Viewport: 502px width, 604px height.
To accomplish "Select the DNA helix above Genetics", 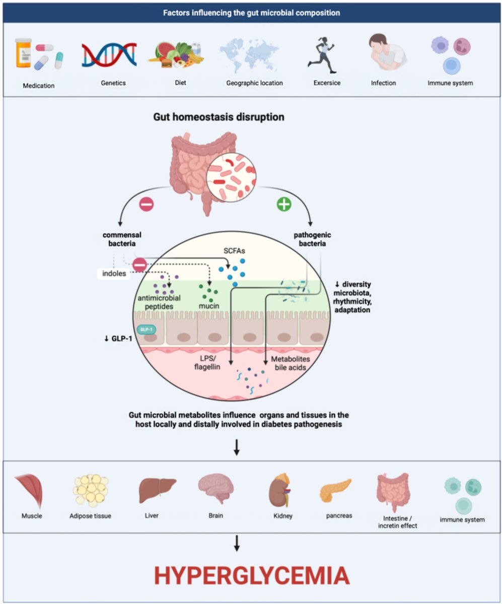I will tap(109, 55).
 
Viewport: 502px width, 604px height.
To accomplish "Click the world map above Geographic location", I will tap(250, 56).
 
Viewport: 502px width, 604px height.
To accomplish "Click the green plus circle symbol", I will tap(285, 205).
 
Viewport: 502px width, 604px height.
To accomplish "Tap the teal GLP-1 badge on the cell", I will tap(147, 329).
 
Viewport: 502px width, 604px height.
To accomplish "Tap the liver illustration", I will tap(158, 488).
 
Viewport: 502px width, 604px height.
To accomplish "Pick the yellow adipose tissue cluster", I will tap(91, 490).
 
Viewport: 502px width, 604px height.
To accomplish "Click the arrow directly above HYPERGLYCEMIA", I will tap(237, 544).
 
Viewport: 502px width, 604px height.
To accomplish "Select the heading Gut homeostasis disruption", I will tap(219, 117).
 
